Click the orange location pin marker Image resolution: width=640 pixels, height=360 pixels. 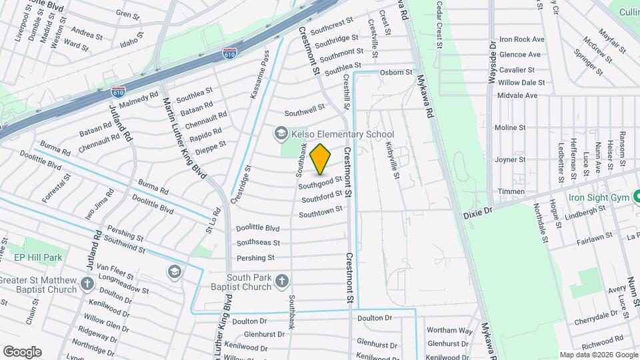coord(321,159)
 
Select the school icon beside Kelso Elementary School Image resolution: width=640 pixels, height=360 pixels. coord(281,134)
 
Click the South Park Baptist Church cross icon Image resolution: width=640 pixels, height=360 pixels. coord(282,281)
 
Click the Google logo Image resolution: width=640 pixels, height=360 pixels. coord(21,351)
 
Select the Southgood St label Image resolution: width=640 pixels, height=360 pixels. coord(320,182)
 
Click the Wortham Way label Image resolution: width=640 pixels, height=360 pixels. coord(449,330)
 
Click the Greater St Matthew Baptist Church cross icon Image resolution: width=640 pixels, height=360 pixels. coord(87,285)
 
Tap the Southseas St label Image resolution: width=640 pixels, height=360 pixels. coord(258,243)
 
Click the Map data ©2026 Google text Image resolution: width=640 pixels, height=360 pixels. coord(598,355)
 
